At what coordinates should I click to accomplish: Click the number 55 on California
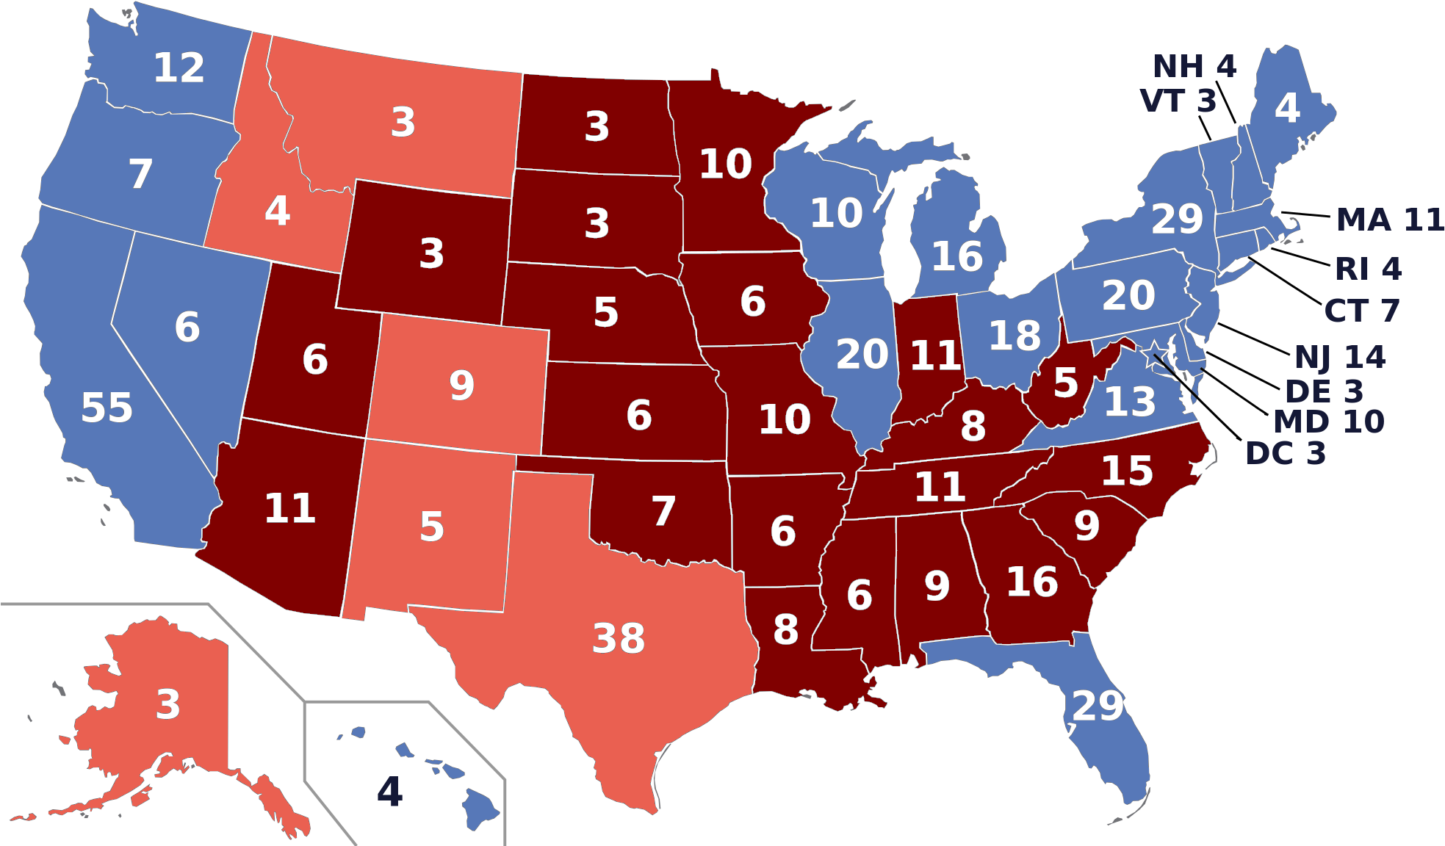point(107,408)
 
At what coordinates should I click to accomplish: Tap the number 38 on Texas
point(619,638)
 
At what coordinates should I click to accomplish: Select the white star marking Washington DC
point(1154,354)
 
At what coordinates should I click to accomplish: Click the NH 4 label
point(1194,67)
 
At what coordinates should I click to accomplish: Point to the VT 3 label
point(1178,101)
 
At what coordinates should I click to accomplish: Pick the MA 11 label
point(1388,220)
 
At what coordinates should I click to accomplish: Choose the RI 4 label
point(1367,269)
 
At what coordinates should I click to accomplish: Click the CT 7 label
point(1361,311)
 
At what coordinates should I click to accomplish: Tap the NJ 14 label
point(1339,358)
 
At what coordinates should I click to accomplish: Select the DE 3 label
point(1323,391)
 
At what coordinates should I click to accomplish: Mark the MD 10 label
point(1328,422)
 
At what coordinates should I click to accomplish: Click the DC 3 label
point(1285,454)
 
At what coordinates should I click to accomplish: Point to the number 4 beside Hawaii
point(389,792)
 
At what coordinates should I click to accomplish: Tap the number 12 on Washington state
point(179,68)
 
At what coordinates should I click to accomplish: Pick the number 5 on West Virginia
point(1065,383)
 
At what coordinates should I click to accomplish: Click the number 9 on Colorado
point(461,385)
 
